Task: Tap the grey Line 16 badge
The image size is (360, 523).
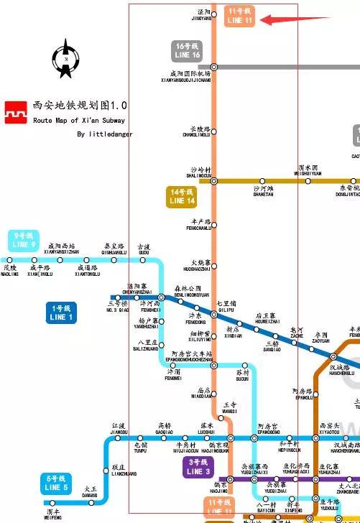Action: click(x=187, y=51)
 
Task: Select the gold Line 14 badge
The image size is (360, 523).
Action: click(x=182, y=196)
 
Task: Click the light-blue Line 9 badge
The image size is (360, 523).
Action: click(x=24, y=240)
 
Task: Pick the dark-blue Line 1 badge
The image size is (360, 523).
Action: click(x=62, y=313)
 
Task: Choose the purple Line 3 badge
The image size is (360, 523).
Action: click(x=198, y=468)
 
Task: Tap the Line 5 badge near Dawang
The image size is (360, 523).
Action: click(x=57, y=483)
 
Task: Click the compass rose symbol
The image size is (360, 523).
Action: click(x=65, y=59)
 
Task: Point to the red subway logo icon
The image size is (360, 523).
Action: click(x=17, y=113)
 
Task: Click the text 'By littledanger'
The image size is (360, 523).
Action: click(x=105, y=134)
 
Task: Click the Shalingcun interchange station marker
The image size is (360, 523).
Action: click(x=213, y=180)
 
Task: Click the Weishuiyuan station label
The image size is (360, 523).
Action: click(x=310, y=170)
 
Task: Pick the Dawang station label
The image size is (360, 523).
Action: click(x=90, y=492)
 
